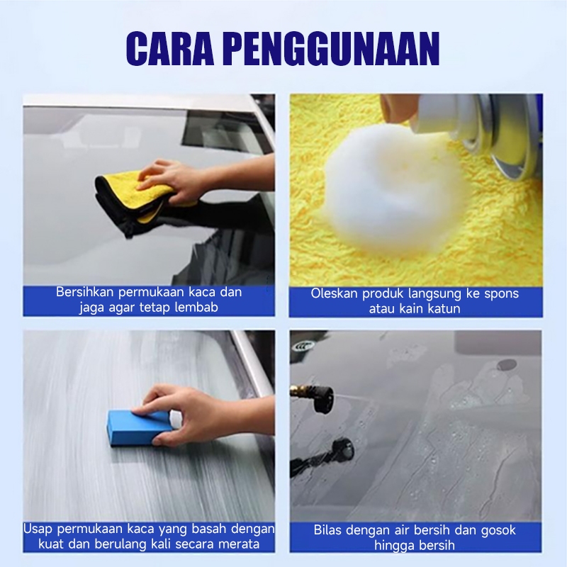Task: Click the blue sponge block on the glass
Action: click(x=140, y=428)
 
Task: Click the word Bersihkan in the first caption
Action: click(x=85, y=292)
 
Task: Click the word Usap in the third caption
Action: click(x=38, y=529)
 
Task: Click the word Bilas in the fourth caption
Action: click(x=327, y=530)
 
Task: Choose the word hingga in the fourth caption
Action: click(x=393, y=546)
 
